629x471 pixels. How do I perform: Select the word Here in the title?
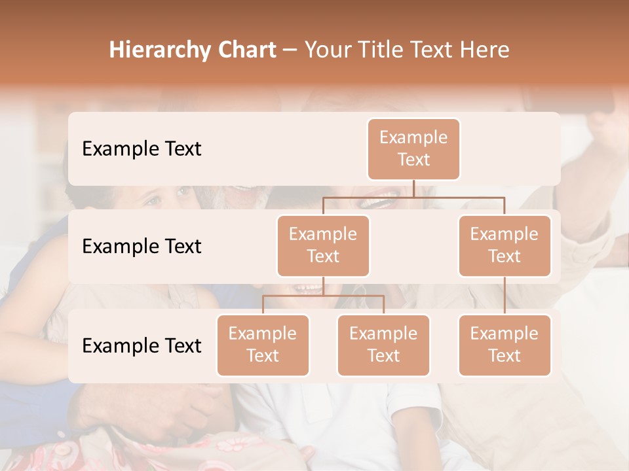485,50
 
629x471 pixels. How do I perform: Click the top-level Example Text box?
413,149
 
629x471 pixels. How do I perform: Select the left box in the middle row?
323,246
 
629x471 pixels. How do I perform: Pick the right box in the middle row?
505,246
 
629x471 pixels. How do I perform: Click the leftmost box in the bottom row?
263,345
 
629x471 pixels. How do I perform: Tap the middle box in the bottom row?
383,345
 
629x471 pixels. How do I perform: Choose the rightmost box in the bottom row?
505,345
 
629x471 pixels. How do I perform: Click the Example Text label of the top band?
142,149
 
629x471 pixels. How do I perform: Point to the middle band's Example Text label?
142,247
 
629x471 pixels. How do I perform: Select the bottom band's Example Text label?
142,346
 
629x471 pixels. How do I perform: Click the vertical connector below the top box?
413,188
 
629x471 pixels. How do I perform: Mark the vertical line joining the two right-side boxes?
505,296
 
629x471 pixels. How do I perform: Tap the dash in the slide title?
290,50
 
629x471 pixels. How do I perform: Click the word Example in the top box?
413,137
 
